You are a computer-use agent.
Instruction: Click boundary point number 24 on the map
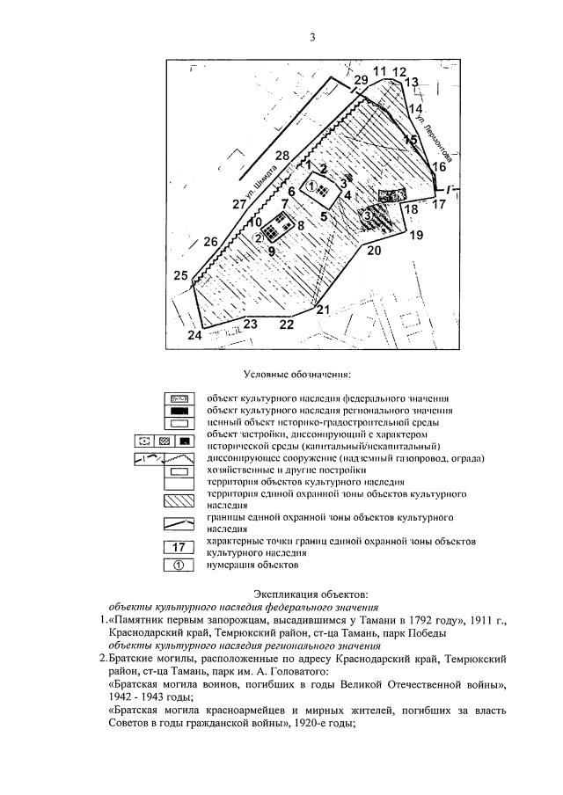(x=195, y=336)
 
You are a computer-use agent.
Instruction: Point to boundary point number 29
(x=361, y=81)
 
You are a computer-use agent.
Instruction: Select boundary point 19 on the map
(x=416, y=235)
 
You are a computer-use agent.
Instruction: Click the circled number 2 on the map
(x=260, y=237)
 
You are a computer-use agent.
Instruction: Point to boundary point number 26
(x=210, y=242)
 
